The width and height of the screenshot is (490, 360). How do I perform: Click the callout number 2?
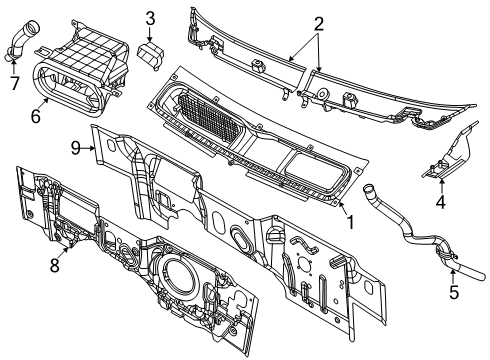318,24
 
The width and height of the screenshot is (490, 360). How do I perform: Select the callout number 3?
150,17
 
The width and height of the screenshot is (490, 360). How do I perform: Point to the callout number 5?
452,294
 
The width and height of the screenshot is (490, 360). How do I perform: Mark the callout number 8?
54,268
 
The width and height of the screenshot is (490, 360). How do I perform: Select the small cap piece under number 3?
151,57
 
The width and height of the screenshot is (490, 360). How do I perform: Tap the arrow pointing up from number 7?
14,65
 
